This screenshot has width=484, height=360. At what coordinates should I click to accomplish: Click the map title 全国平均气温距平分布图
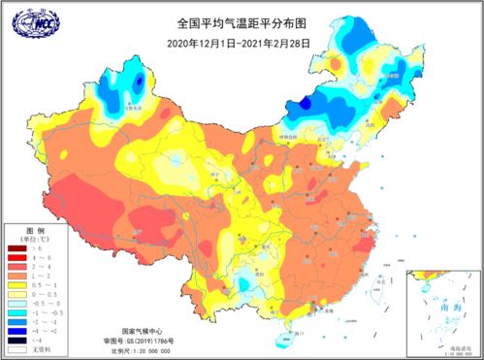click(242, 22)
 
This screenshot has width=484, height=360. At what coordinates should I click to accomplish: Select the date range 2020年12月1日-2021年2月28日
click(242, 43)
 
